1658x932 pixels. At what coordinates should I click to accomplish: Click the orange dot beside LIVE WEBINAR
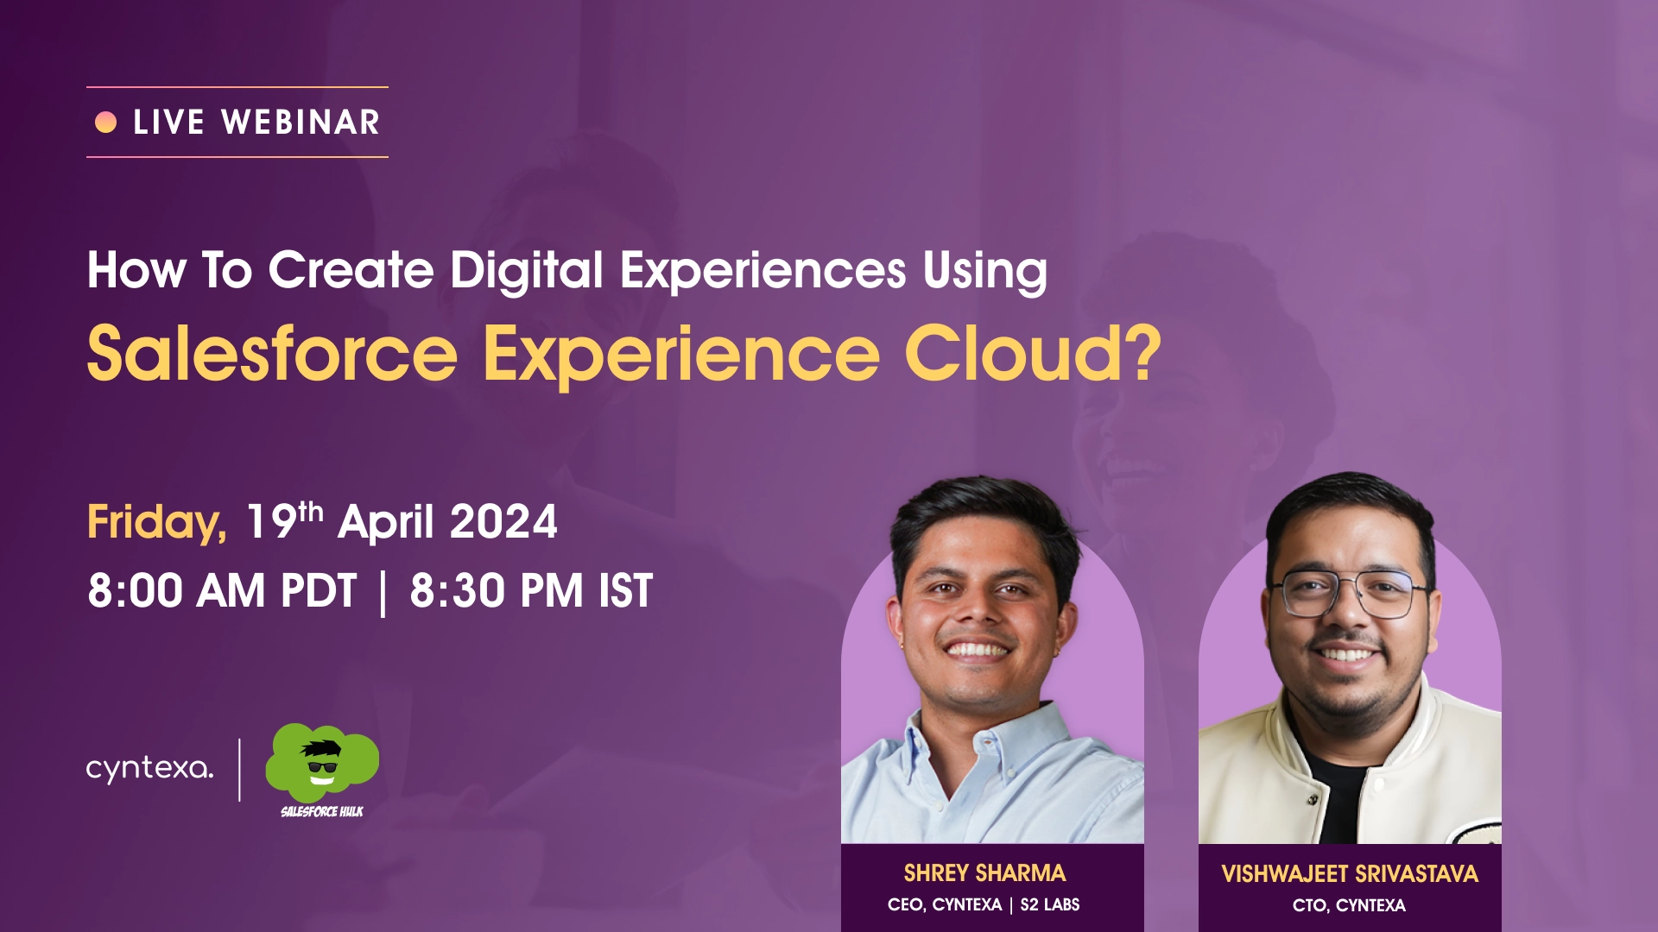coord(105,123)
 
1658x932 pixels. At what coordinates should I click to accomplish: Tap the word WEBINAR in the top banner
coord(301,123)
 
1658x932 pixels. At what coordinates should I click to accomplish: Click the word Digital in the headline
coord(527,271)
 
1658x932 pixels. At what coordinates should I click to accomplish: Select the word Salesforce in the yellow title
coord(272,353)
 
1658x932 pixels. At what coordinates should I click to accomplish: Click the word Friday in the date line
coord(156,523)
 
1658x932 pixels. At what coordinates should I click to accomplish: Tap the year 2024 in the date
coord(503,522)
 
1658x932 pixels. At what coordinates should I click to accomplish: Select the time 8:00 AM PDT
coord(222,591)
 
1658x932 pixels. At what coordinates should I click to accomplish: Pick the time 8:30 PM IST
coord(531,591)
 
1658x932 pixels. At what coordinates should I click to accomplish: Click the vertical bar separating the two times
coord(383,593)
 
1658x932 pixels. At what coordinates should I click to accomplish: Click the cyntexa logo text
coord(149,768)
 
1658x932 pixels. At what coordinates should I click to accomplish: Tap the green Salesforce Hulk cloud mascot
coord(321,763)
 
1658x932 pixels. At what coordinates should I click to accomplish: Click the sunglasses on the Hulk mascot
coord(322,766)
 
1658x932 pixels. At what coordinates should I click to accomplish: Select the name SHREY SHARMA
coord(984,873)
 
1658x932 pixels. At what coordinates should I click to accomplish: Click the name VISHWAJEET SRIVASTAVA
coord(1350,874)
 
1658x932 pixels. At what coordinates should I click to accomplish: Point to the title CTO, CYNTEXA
coord(1349,905)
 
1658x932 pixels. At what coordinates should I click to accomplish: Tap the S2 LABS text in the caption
coord(1050,904)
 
